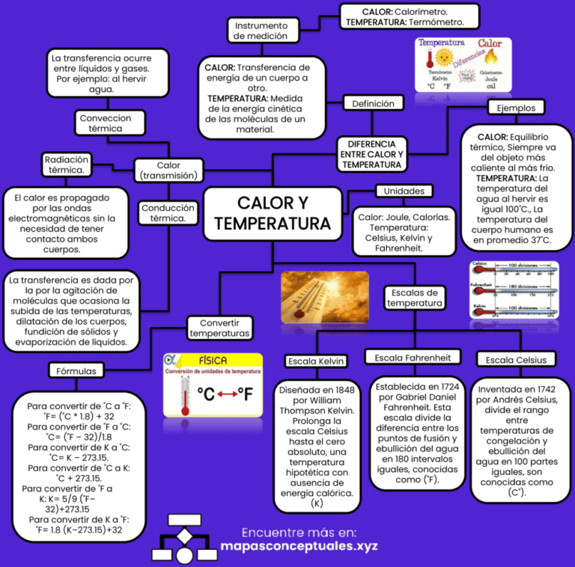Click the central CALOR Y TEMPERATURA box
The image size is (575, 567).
click(273, 213)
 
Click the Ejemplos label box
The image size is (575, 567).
click(516, 108)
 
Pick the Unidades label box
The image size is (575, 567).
click(404, 191)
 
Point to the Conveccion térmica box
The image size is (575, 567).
click(105, 123)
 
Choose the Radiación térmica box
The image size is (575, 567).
click(67, 165)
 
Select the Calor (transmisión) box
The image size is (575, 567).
click(168, 171)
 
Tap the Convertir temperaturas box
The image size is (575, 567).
click(219, 328)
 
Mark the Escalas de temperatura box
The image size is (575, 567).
click(414, 298)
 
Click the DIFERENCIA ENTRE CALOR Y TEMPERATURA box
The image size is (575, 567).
click(371, 154)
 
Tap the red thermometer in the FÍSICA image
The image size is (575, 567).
click(185, 396)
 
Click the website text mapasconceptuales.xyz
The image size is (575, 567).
click(299, 546)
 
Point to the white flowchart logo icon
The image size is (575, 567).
click(184, 539)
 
